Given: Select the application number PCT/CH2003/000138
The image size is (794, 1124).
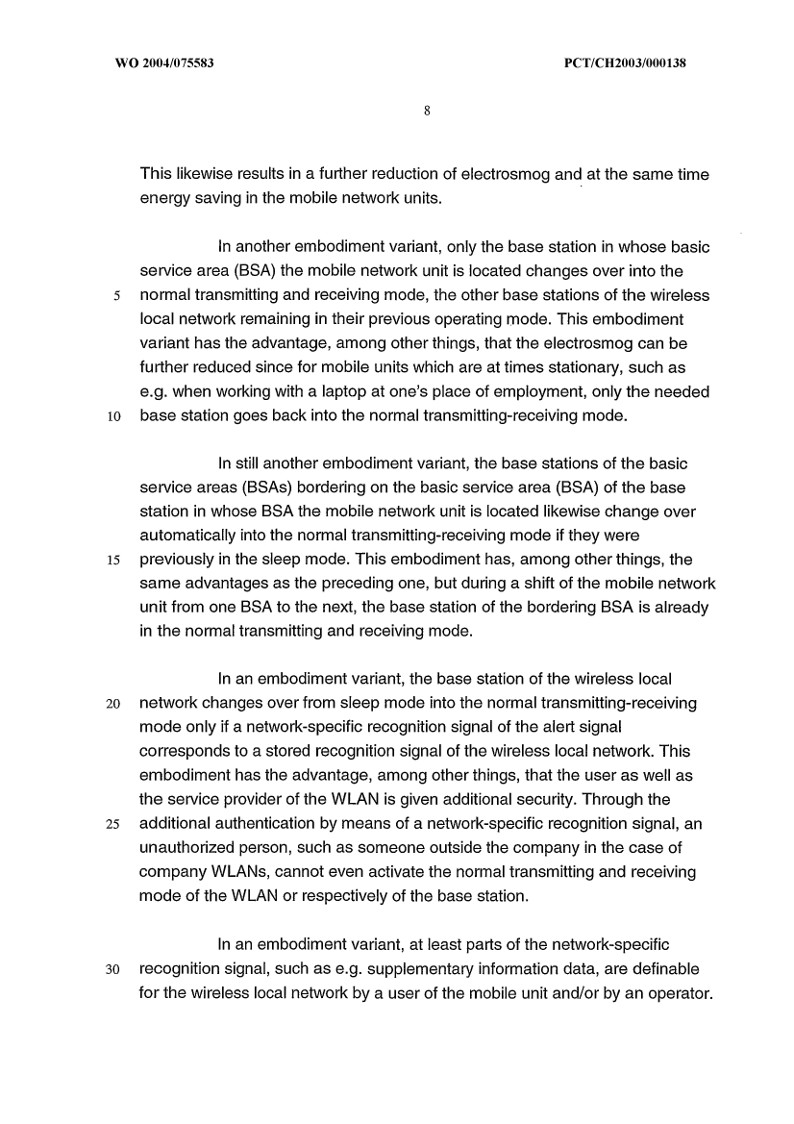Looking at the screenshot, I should [623, 63].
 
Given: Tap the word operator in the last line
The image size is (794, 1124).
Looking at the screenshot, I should [681, 992].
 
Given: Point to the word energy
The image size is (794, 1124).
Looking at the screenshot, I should [164, 198].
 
